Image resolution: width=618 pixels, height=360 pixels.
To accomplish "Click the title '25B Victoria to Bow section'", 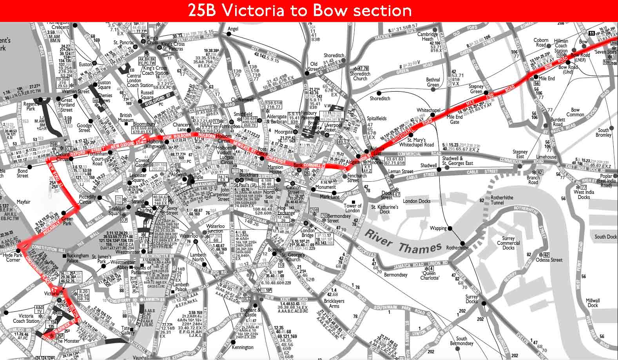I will [x=300, y=11].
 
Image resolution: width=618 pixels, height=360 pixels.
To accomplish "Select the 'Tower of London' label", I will [x=352, y=208].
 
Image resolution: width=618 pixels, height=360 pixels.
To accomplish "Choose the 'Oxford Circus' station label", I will [x=62, y=157].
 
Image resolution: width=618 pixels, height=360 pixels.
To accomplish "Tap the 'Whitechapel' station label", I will [x=428, y=110].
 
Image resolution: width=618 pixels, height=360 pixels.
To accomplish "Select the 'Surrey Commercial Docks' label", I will [x=508, y=243].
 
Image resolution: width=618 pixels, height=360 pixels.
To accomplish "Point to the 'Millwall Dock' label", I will [x=593, y=303].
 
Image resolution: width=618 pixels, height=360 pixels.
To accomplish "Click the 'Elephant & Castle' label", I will [x=250, y=312].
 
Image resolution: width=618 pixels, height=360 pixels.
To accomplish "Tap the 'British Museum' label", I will [x=126, y=118].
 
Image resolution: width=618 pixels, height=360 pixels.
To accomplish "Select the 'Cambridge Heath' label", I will [x=427, y=36].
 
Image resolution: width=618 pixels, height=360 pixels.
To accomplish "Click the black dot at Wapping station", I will [x=450, y=228].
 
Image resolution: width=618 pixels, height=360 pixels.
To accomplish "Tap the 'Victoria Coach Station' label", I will [x=26, y=318].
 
